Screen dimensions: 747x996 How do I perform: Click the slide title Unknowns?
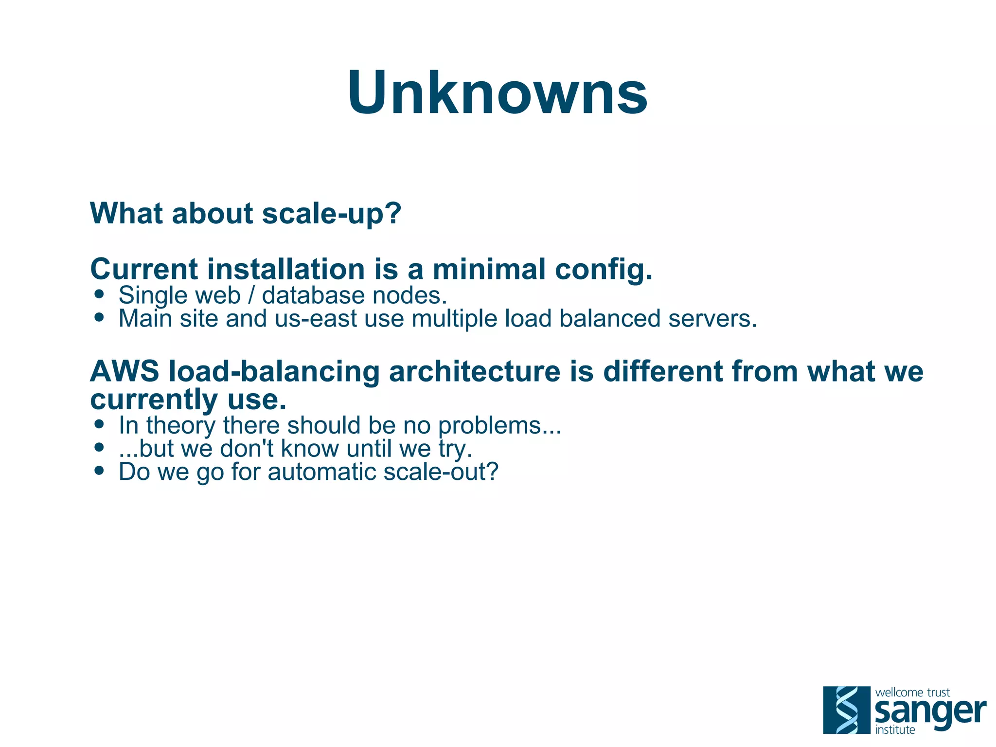[498, 92]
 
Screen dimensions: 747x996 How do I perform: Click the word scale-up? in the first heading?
[332, 214]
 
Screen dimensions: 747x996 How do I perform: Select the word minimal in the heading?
[489, 269]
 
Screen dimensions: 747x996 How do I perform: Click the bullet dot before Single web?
[100, 294]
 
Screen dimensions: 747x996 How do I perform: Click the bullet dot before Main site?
[100, 318]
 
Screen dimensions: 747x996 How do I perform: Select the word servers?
[712, 319]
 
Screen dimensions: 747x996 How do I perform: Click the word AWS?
[124, 371]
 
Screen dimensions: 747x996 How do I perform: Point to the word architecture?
[474, 371]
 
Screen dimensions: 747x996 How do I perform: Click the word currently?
[154, 401]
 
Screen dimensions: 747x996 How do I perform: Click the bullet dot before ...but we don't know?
[100, 447]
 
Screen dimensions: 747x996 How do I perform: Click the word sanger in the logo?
[930, 712]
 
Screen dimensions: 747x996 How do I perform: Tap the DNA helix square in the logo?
[847, 710]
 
